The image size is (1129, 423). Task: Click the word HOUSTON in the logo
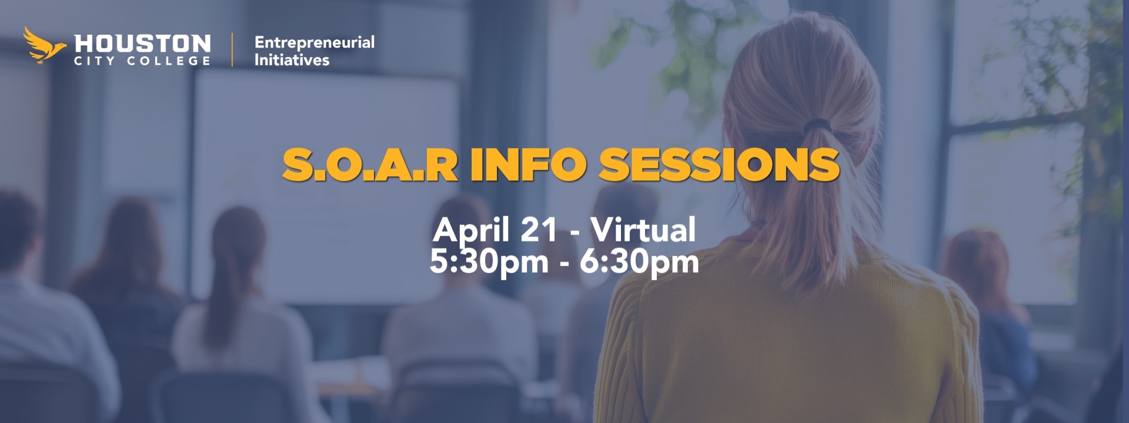point(142,43)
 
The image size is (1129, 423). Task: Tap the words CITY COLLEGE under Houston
point(142,61)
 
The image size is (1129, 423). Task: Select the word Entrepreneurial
point(314,42)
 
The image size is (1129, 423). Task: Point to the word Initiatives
point(292,60)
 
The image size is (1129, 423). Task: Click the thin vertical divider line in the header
point(232,50)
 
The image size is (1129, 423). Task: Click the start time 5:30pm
point(489,261)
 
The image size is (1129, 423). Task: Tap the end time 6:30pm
point(639,261)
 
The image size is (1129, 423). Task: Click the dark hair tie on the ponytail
point(818,125)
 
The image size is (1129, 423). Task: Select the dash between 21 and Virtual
point(574,232)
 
